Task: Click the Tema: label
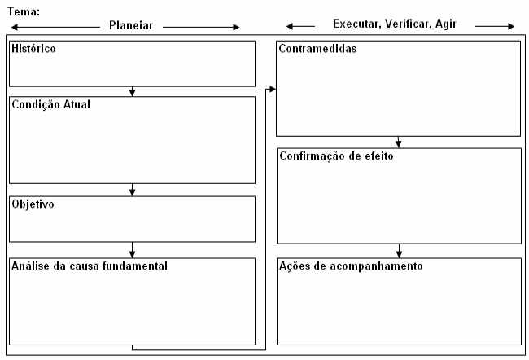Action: [x=24, y=12]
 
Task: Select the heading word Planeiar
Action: [x=131, y=25]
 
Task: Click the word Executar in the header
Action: [x=357, y=24]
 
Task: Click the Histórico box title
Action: [x=33, y=49]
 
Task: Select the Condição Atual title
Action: [x=51, y=104]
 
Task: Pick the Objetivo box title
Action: [x=33, y=204]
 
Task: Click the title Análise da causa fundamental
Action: [x=90, y=266]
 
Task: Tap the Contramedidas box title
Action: [x=317, y=49]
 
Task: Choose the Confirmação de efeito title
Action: [x=336, y=156]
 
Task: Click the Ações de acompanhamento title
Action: [x=351, y=266]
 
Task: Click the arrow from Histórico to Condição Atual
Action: [x=132, y=91]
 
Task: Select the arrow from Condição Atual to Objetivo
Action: [x=132, y=190]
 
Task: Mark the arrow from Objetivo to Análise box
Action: [x=132, y=250]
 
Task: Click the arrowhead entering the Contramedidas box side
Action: [x=273, y=89]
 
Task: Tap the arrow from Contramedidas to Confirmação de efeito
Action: [x=399, y=143]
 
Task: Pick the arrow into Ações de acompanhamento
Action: [x=399, y=251]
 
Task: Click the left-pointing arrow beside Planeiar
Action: [x=55, y=27]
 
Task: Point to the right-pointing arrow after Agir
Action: [x=495, y=26]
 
